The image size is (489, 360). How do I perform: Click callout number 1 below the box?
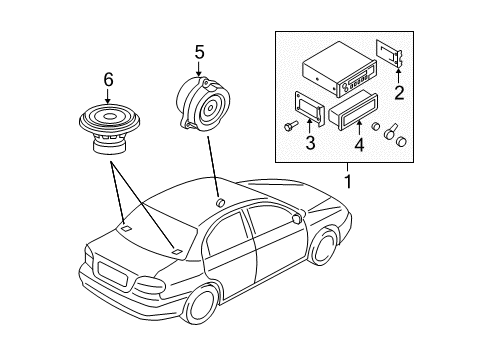click(x=349, y=182)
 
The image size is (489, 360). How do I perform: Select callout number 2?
click(x=398, y=95)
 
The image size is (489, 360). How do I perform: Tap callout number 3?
click(x=310, y=144)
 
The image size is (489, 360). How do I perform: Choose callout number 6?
click(x=108, y=79)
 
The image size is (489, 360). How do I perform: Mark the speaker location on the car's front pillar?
click(x=218, y=204)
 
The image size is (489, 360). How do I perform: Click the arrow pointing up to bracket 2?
click(x=398, y=75)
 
